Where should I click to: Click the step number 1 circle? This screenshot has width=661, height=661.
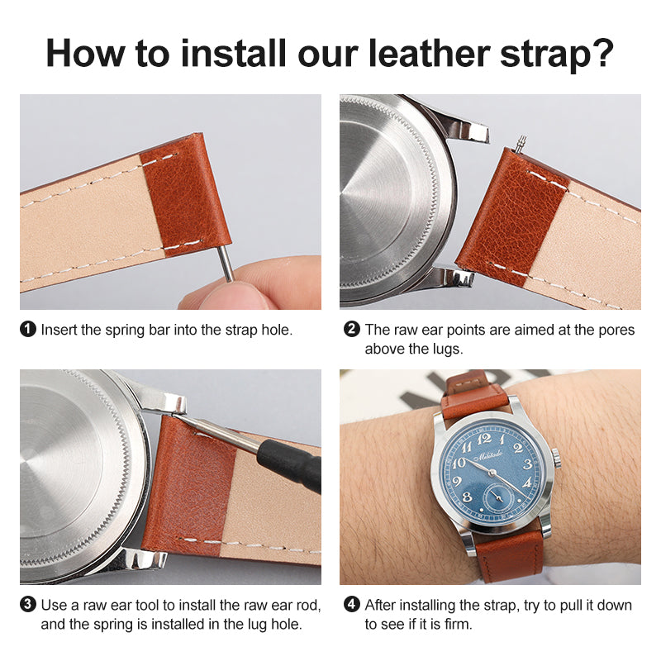(28, 330)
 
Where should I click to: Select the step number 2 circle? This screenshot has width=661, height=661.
(352, 330)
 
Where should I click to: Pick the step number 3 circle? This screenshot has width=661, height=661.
(28, 605)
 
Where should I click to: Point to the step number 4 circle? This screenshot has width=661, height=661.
(352, 605)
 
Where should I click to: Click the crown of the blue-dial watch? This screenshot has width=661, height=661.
(556, 457)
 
